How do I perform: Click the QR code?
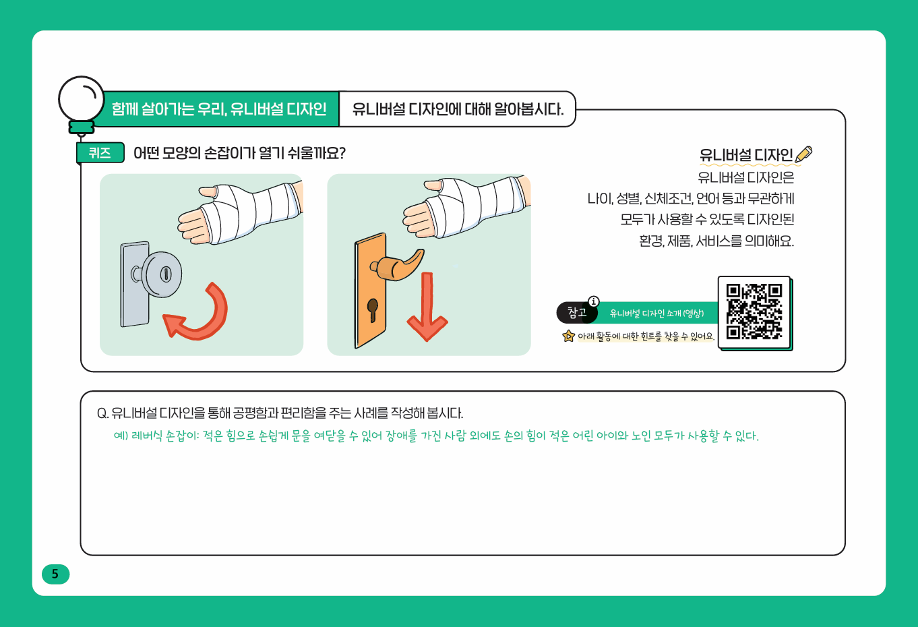click(754, 311)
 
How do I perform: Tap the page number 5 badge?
click(55, 574)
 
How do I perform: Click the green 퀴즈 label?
click(100, 153)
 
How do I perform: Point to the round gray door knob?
click(160, 274)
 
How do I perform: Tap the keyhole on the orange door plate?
click(372, 309)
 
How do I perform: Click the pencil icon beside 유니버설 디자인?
click(803, 154)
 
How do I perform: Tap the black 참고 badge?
click(577, 313)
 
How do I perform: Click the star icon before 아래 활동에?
click(568, 336)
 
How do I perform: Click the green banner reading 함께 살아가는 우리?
click(219, 109)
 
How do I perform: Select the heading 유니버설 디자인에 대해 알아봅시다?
click(458, 109)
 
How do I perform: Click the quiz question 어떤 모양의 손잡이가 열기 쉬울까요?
click(239, 153)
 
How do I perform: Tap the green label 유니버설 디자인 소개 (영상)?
click(656, 313)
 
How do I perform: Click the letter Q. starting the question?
click(103, 413)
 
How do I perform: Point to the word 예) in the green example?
click(121, 436)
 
